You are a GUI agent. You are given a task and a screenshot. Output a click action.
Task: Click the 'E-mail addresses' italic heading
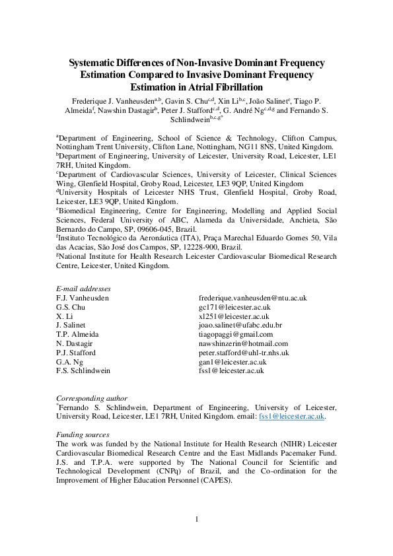point(84,289)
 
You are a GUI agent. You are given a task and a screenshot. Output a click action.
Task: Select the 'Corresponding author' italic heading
point(92,398)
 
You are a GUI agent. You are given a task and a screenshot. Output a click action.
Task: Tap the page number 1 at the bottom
point(197,518)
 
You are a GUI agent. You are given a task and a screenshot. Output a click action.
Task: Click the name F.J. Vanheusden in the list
point(83,298)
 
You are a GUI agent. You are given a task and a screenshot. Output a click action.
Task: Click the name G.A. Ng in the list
point(69,362)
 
